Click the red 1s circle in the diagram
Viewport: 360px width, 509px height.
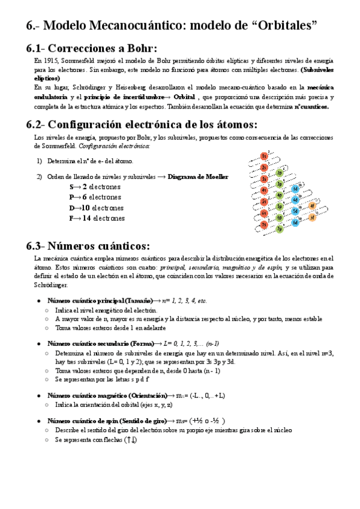point(264,156)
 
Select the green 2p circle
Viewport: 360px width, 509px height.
point(280,173)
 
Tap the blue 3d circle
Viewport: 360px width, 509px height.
point(295,188)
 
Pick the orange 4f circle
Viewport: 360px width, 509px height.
point(311,206)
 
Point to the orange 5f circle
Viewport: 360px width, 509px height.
point(311,217)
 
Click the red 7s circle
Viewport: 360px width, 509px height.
point(264,224)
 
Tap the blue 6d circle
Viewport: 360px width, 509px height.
point(295,223)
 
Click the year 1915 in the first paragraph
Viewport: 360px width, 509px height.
point(51,61)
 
